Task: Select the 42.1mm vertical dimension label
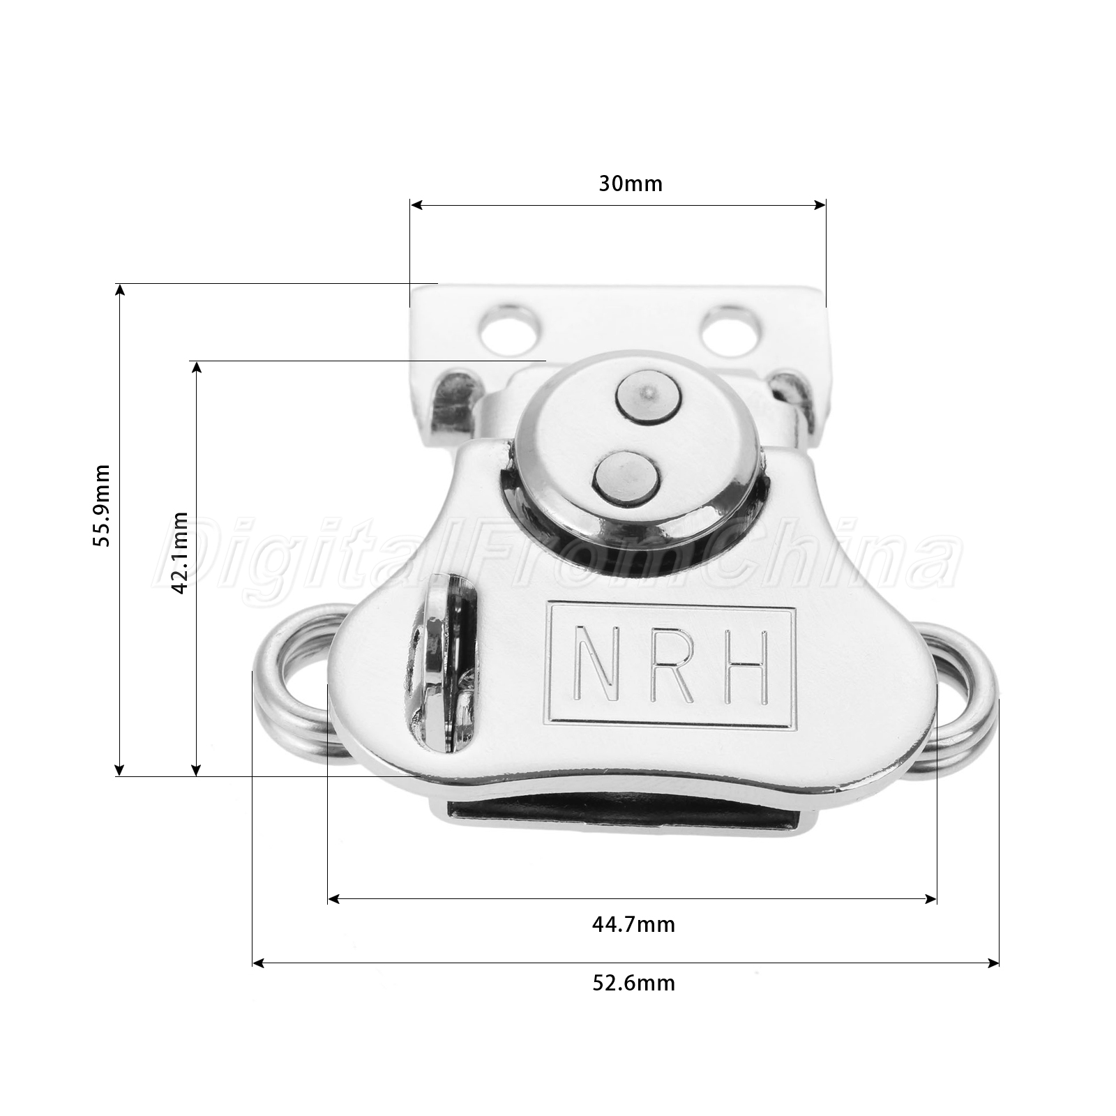[x=179, y=552]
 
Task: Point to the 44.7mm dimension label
[x=633, y=924]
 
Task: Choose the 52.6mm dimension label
[x=633, y=983]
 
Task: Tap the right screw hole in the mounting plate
[x=731, y=327]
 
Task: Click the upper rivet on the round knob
[x=648, y=397]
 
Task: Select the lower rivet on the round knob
[x=626, y=479]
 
